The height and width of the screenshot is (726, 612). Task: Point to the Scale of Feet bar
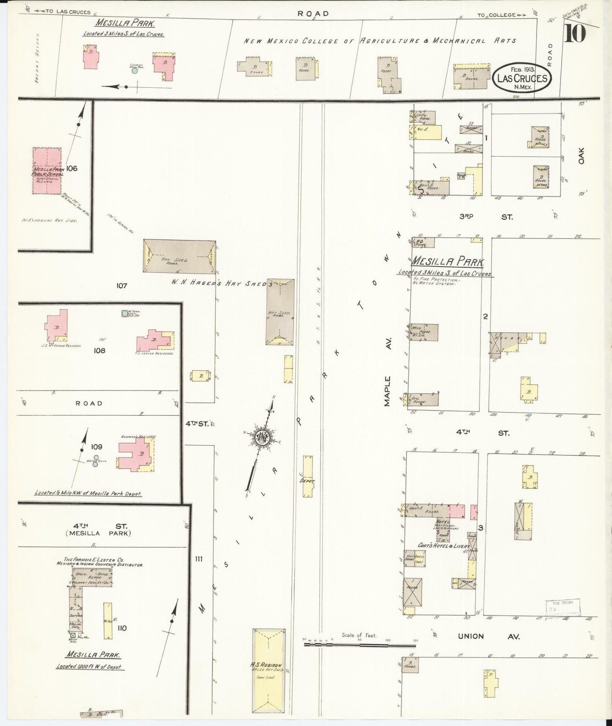click(x=360, y=645)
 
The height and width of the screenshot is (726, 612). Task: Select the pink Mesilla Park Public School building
click(x=47, y=171)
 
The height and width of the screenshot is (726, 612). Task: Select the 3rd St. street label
click(x=486, y=217)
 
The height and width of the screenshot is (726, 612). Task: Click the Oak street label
click(x=581, y=155)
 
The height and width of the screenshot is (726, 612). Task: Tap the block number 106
click(x=72, y=168)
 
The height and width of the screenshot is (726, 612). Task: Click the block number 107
click(x=122, y=286)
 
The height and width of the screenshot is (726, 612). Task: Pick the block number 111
click(x=198, y=559)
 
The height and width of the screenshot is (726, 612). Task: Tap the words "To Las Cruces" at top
click(x=64, y=12)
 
